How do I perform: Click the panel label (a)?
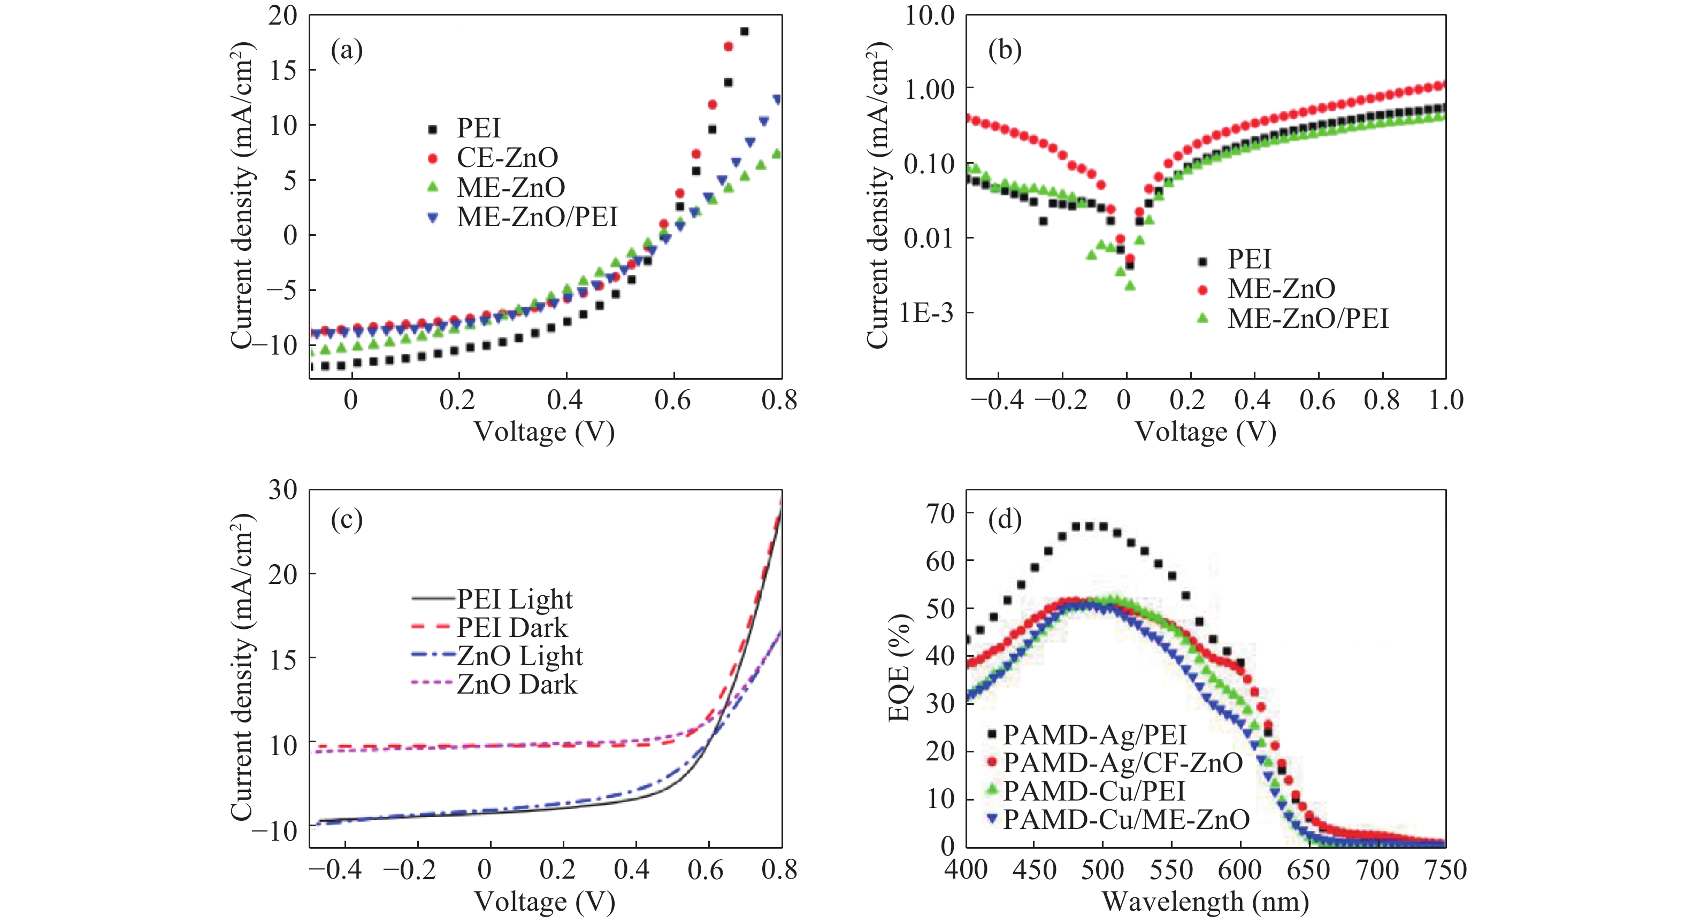[347, 50]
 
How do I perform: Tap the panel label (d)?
[1005, 519]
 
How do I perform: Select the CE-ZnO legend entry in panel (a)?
[508, 157]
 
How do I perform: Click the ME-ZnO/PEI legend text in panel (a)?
[537, 217]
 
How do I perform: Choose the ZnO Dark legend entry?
[517, 684]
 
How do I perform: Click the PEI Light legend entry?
[514, 598]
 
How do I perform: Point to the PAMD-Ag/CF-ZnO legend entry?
[1122, 763]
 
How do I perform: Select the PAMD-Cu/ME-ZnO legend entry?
[1127, 819]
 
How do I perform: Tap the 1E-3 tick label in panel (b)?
[926, 313]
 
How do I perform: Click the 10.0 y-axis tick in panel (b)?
[930, 15]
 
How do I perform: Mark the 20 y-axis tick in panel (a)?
[282, 15]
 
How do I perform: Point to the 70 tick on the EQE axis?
[940, 514]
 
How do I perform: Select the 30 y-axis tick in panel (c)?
[282, 490]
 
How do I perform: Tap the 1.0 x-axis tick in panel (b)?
[1445, 399]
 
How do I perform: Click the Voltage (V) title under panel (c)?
[544, 902]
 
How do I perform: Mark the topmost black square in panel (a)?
[744, 32]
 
